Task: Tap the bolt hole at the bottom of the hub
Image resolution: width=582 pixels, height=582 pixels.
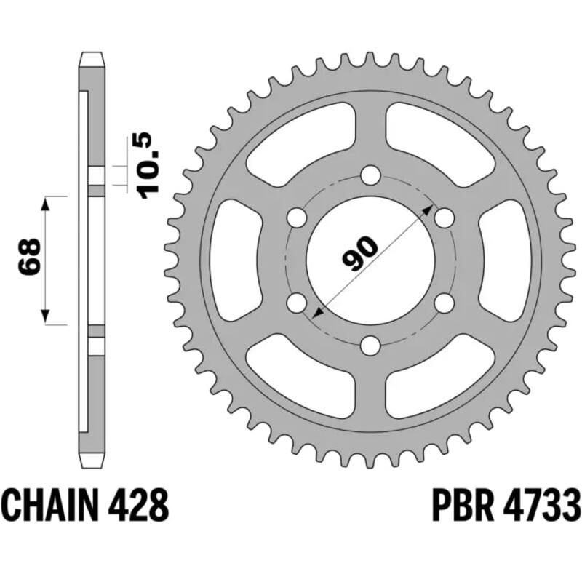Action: (370, 345)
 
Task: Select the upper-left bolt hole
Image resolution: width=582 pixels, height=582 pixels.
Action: (296, 218)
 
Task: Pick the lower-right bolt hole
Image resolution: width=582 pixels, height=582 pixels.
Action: (444, 302)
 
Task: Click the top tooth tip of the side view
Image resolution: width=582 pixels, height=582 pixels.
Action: (92, 56)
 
